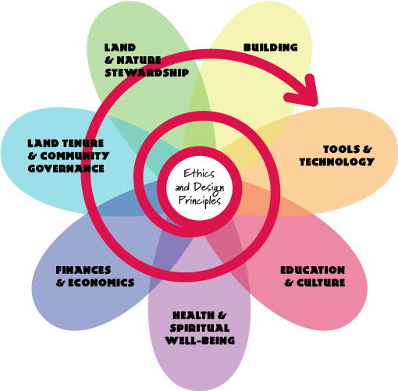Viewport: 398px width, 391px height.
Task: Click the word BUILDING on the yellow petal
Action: [x=271, y=48]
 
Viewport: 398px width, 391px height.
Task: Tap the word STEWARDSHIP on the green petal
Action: [x=147, y=73]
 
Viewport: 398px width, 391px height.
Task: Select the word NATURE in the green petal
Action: [x=139, y=60]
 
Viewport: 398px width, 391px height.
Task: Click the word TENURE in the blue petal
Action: [x=84, y=144]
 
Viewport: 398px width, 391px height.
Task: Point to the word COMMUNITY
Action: [x=75, y=156]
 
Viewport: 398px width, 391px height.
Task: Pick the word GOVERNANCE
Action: [x=66, y=169]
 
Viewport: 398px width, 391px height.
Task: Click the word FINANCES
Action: [x=84, y=270]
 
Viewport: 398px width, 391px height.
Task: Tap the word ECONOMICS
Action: [x=101, y=283]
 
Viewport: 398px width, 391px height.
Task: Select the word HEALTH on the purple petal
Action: [x=194, y=315]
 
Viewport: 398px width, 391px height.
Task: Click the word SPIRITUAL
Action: [x=200, y=328]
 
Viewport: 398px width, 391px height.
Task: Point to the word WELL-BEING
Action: [x=200, y=340]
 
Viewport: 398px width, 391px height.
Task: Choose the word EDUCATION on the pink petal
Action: [x=313, y=270]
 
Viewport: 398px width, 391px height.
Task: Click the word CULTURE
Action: [x=321, y=283]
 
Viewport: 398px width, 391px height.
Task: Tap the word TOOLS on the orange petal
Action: [x=342, y=149]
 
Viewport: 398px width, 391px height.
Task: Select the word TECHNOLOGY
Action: [x=337, y=162]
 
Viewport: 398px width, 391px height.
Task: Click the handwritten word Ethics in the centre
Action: [x=199, y=173]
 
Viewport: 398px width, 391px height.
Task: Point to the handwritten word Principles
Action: [x=200, y=201]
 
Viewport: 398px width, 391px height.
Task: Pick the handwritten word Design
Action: [x=208, y=188]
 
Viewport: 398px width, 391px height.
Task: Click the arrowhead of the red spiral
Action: [x=304, y=91]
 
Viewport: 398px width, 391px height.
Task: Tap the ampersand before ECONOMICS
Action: [x=60, y=283]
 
